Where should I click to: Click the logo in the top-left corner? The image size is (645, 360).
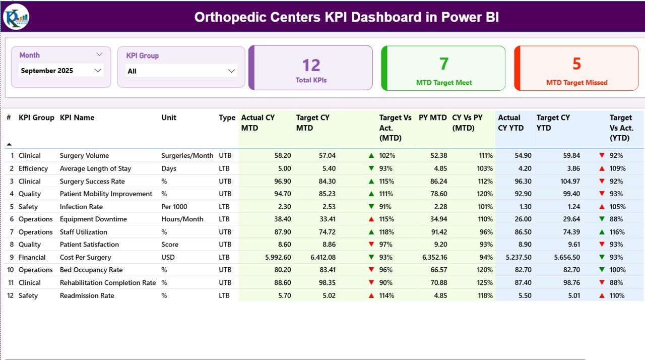tap(16, 17)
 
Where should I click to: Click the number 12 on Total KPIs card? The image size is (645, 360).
tap(311, 65)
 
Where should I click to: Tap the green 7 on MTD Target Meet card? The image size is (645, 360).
tap(443, 64)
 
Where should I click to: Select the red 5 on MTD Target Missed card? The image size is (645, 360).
tap(576, 64)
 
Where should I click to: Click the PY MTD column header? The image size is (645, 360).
tap(432, 117)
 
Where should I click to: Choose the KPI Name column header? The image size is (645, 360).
tap(77, 117)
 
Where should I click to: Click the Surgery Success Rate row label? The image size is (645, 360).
tap(92, 181)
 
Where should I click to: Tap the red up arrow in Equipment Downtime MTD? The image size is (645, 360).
tap(371, 219)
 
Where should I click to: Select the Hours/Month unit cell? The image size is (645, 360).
tap(182, 219)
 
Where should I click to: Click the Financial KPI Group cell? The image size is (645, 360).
tap(32, 257)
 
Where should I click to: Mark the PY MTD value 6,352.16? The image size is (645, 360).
tap(432, 257)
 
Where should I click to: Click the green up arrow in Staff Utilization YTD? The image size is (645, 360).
tap(602, 232)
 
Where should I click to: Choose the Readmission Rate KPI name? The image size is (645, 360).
tap(87, 295)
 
